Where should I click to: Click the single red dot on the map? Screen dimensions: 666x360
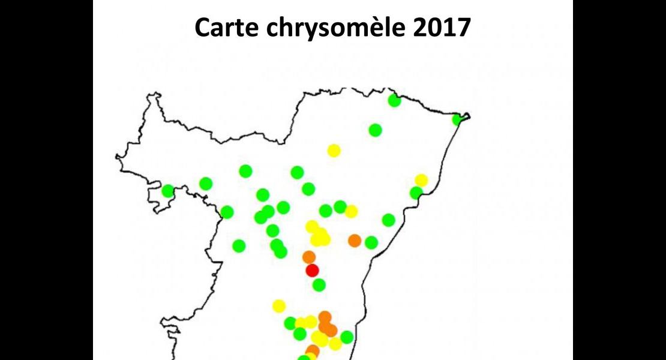coord(312,270)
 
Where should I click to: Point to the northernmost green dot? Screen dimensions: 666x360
coord(394,100)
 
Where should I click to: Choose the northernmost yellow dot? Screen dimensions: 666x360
coord(334,151)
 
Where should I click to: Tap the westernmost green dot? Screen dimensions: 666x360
coord(167,191)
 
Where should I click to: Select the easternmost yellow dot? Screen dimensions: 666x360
coord(421,180)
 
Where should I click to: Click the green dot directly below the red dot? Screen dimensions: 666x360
coord(319,284)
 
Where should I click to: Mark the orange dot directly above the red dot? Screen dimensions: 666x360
coord(309,257)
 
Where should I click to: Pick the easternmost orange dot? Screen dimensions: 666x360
coord(355,241)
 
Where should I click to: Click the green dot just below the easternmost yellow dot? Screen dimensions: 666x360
coord(416,193)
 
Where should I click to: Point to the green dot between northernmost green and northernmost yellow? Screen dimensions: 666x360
coord(375,130)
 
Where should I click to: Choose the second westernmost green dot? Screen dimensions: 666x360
coord(206,184)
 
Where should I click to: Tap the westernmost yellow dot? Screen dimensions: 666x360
coord(278,306)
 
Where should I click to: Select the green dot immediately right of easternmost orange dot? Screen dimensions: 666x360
coord(371,242)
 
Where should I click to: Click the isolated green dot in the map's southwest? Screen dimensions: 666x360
coord(239,245)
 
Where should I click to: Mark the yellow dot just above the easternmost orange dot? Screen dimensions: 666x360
coord(351,211)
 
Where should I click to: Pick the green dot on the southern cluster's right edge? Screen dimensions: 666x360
coord(347,337)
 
